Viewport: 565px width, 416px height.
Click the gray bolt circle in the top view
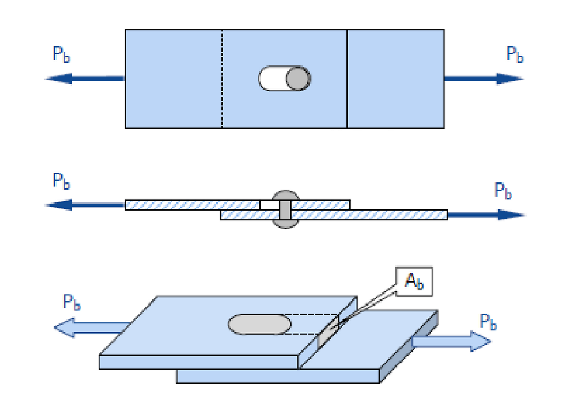click(x=298, y=79)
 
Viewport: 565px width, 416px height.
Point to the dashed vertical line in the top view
click(x=222, y=79)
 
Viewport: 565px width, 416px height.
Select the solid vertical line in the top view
click(x=347, y=79)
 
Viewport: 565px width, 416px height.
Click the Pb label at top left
click(x=61, y=54)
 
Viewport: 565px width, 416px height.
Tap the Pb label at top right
click(x=515, y=54)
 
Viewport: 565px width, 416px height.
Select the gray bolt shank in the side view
click(x=285, y=210)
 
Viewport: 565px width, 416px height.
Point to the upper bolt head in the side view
click(x=285, y=195)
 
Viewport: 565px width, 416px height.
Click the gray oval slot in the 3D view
click(x=260, y=324)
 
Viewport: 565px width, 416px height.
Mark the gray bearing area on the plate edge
click(x=329, y=334)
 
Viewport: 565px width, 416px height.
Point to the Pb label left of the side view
click(x=61, y=181)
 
